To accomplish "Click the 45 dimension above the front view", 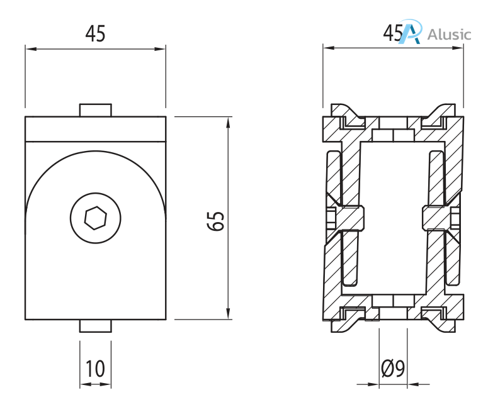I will coord(95,33).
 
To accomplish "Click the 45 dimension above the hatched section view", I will coord(393,33).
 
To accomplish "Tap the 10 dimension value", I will coord(95,369).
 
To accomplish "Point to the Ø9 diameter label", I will coord(393,369).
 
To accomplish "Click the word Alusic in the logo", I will coord(448,34).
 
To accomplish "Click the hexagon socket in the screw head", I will coord(96,218).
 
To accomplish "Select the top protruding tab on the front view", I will coord(96,110).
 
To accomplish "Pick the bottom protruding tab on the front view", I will coord(96,326).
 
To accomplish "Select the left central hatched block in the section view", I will coord(348,218).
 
